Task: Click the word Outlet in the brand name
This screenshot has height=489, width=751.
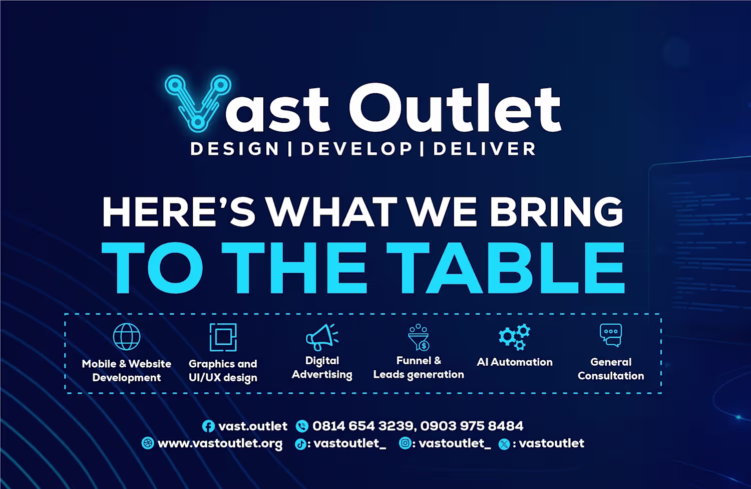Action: [455, 107]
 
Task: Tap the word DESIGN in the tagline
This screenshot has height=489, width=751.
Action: [235, 149]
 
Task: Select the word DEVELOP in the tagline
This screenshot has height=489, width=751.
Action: [356, 149]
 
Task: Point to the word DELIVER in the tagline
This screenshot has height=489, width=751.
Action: [485, 149]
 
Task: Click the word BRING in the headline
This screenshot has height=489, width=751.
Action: [556, 212]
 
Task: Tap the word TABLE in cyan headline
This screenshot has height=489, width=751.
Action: [505, 268]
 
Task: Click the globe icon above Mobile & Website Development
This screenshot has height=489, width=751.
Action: [127, 337]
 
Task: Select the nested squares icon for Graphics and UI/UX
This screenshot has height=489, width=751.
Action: [223, 337]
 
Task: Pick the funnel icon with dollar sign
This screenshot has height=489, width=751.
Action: [419, 337]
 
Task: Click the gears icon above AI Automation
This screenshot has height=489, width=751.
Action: [514, 337]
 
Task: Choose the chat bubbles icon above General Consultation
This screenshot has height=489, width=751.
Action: [610, 335]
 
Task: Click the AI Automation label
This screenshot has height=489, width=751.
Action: [515, 362]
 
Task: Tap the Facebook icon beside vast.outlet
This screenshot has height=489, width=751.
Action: [208, 426]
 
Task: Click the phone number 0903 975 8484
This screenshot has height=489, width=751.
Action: [472, 426]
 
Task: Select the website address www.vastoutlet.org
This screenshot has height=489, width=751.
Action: [220, 443]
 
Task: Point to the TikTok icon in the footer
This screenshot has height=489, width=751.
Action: [300, 444]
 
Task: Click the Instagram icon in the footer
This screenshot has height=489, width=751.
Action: [405, 443]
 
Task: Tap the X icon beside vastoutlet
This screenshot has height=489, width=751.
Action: [504, 444]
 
